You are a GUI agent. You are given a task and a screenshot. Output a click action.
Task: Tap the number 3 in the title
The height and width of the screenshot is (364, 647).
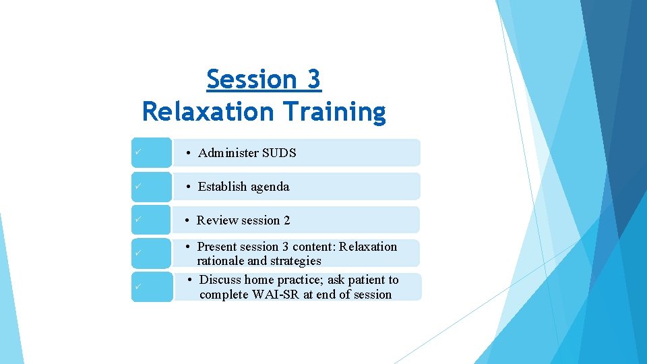pyautogui.click(x=313, y=80)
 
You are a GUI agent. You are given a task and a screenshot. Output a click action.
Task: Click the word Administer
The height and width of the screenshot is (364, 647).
pyautogui.click(x=228, y=153)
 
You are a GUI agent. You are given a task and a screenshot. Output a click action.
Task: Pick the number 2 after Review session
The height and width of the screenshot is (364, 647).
pyautogui.click(x=286, y=220)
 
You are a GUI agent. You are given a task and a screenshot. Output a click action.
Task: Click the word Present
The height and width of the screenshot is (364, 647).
pyautogui.click(x=217, y=247)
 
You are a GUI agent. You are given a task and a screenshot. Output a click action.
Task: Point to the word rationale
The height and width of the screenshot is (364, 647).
pyautogui.click(x=220, y=261)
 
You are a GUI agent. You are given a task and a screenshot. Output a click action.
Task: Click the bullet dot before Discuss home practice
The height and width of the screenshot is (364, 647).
pyautogui.click(x=191, y=280)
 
